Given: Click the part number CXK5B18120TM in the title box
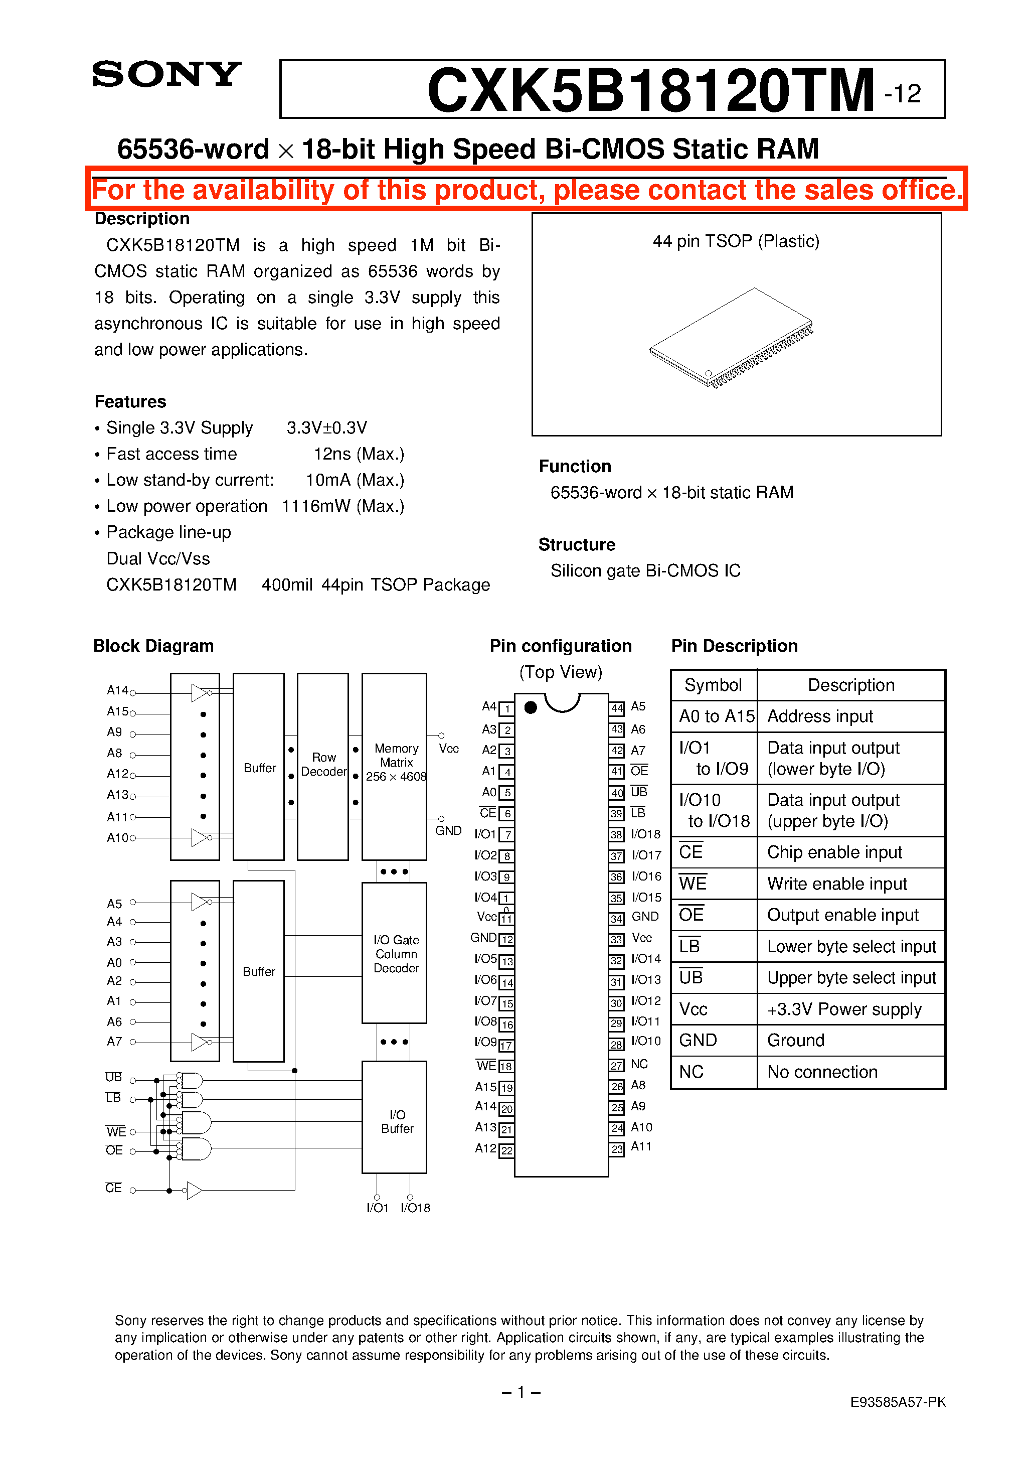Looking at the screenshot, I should click(650, 90).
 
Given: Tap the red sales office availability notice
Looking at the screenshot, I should click(527, 190).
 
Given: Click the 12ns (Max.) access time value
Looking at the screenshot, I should click(359, 454).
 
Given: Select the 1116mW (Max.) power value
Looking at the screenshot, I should click(343, 506).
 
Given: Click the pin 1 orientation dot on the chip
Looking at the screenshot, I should click(530, 707).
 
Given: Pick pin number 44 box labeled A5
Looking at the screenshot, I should click(616, 708).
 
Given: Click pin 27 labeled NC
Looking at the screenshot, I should click(616, 1065).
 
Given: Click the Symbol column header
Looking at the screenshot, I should click(713, 685).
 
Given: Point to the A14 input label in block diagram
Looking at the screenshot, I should click(117, 690).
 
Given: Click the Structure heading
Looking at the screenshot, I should click(576, 544).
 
